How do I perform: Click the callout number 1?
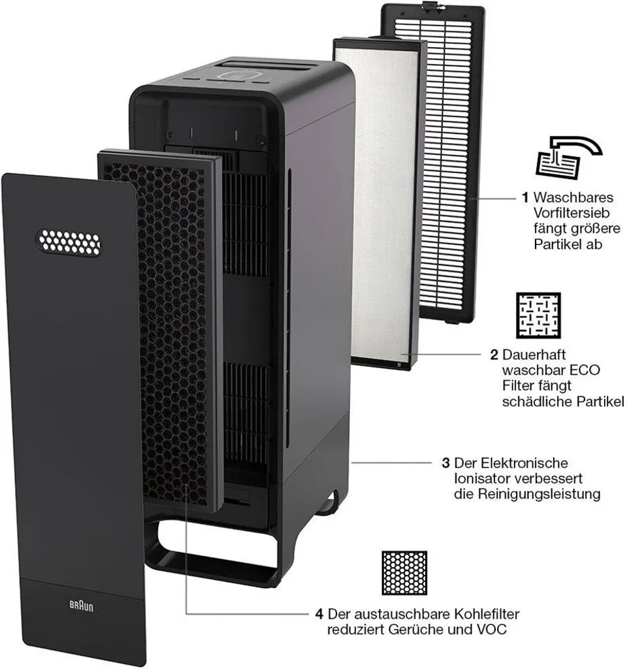[x=524, y=197]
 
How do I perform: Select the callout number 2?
[x=494, y=355]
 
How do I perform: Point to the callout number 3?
[x=445, y=463]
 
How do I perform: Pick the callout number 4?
[x=319, y=614]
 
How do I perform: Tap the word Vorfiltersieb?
[x=570, y=213]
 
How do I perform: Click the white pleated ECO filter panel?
[x=381, y=196]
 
